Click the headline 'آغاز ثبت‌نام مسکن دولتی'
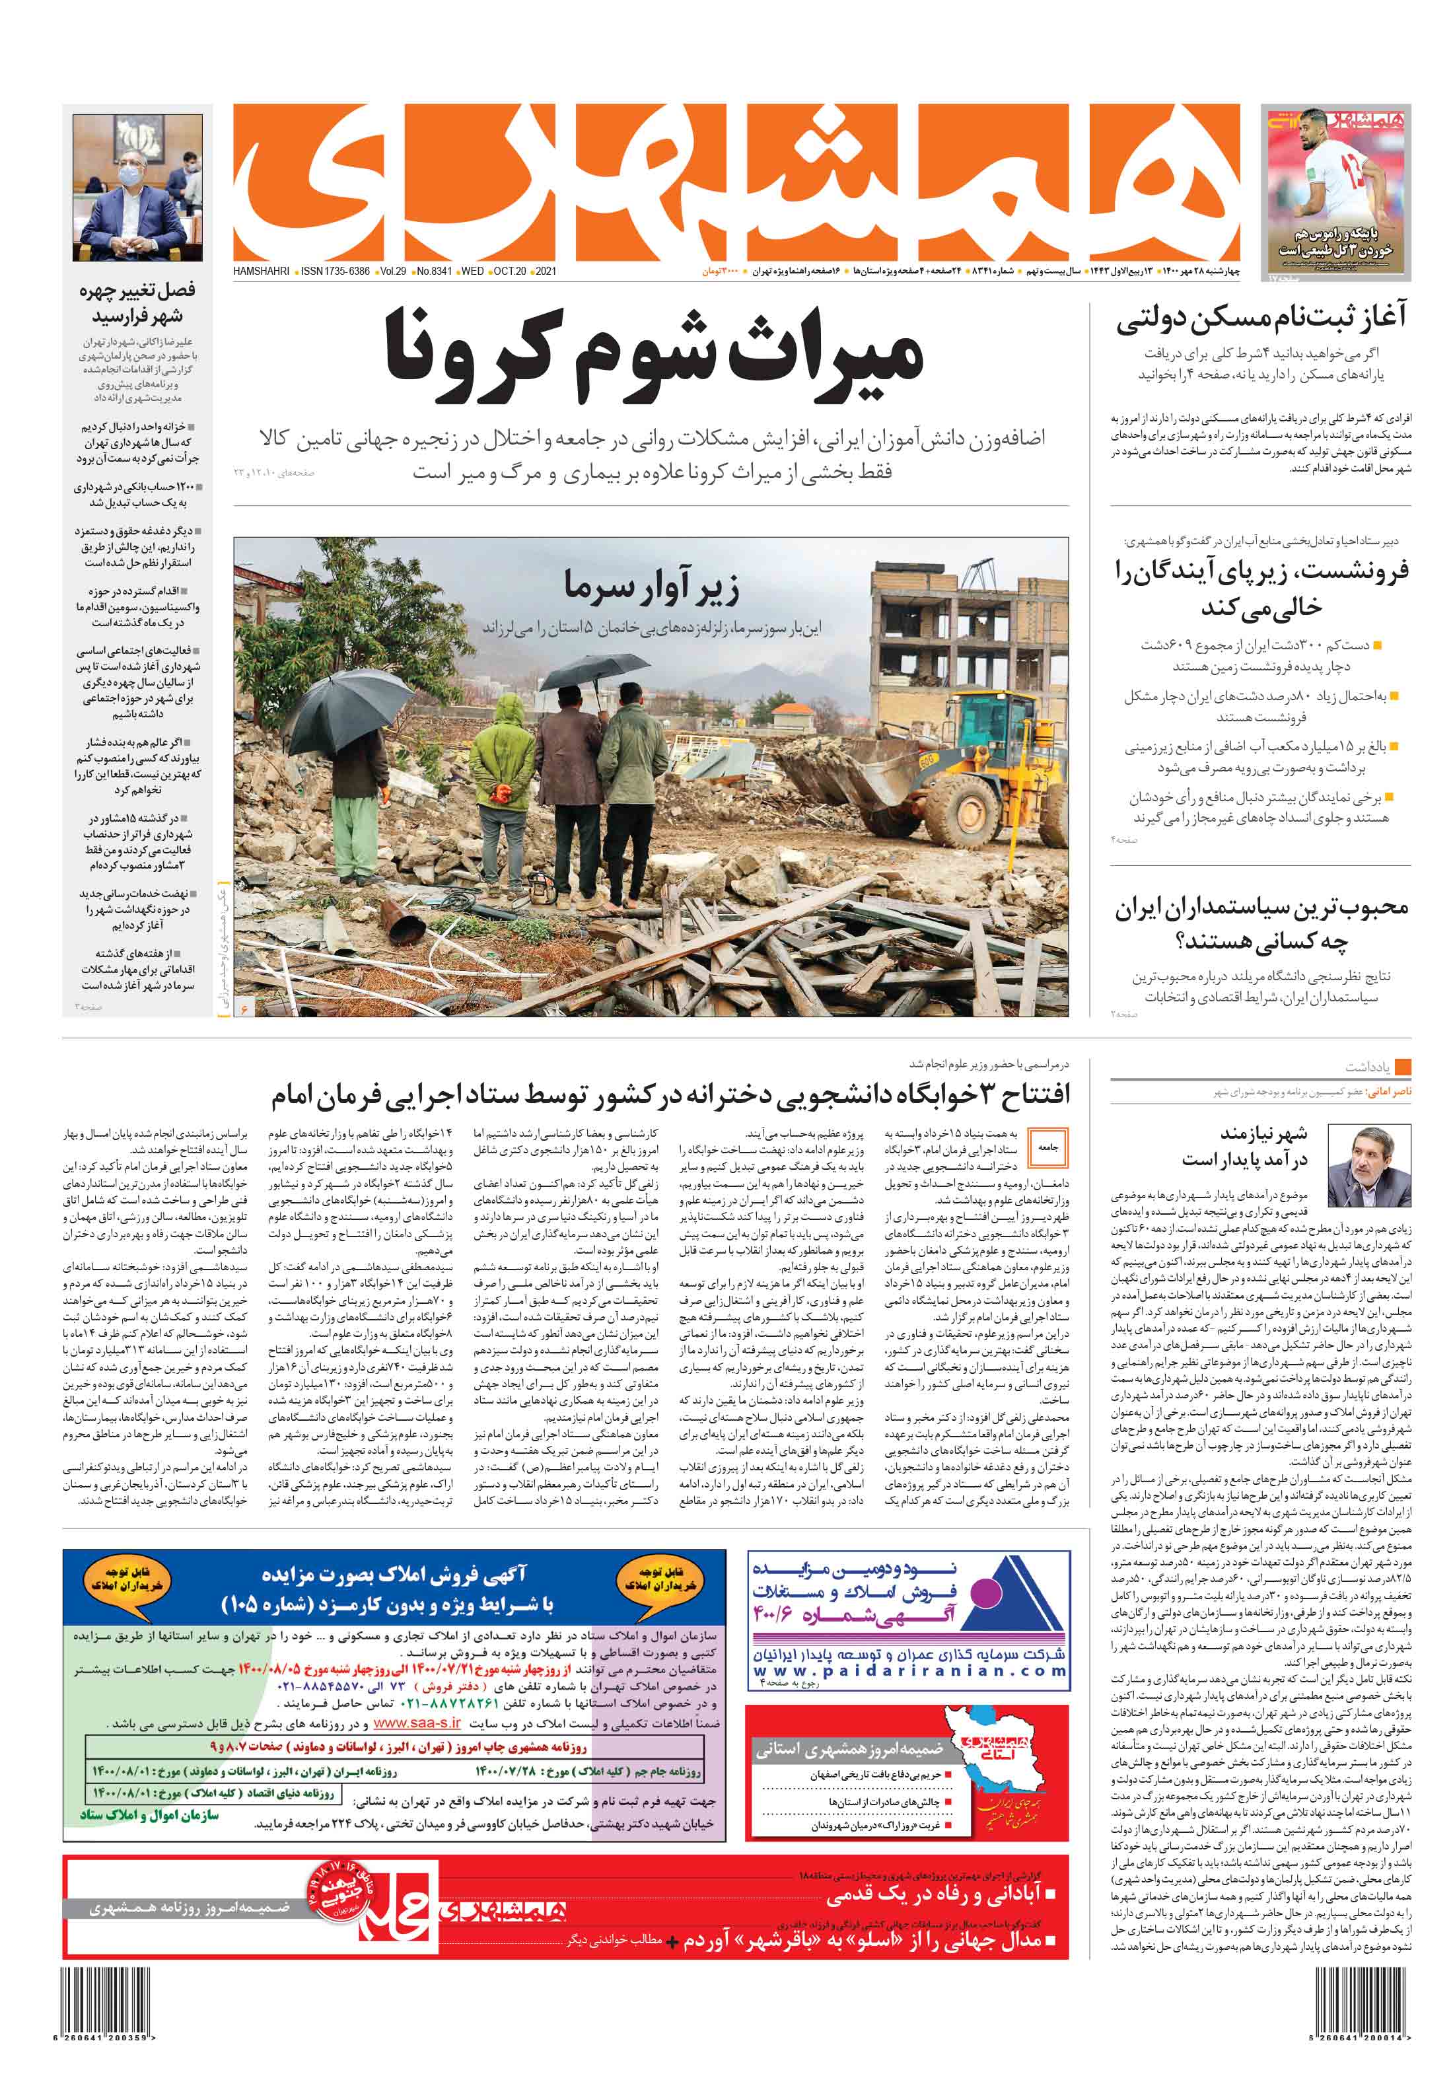[x=1260, y=318]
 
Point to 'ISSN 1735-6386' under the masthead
[x=335, y=271]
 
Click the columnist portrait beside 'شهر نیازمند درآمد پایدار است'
[x=1368, y=1166]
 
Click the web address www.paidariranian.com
[x=909, y=1671]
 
